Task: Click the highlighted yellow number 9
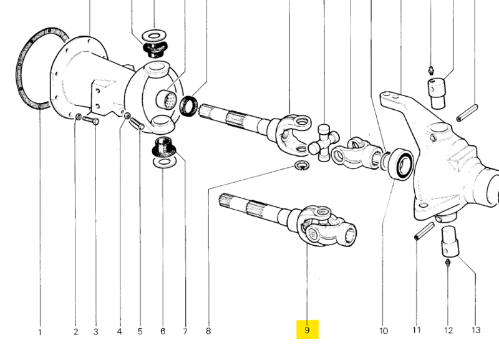tap(307, 329)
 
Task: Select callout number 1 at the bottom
tap(39, 332)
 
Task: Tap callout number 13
tap(476, 330)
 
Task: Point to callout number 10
tap(383, 330)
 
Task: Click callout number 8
tap(208, 331)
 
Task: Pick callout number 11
tap(417, 330)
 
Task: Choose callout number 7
tap(185, 331)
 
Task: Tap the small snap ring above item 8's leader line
tap(301, 165)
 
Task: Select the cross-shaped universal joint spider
tap(324, 142)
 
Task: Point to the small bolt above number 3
tap(91, 121)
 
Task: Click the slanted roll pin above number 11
tap(422, 230)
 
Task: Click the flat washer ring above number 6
tap(162, 163)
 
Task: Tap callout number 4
tap(120, 331)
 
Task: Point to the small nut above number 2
tap(77, 117)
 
